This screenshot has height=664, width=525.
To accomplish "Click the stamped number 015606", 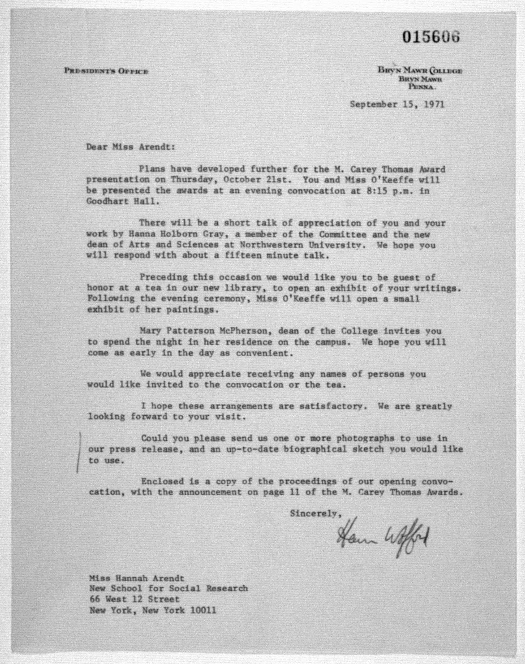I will [x=431, y=37].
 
